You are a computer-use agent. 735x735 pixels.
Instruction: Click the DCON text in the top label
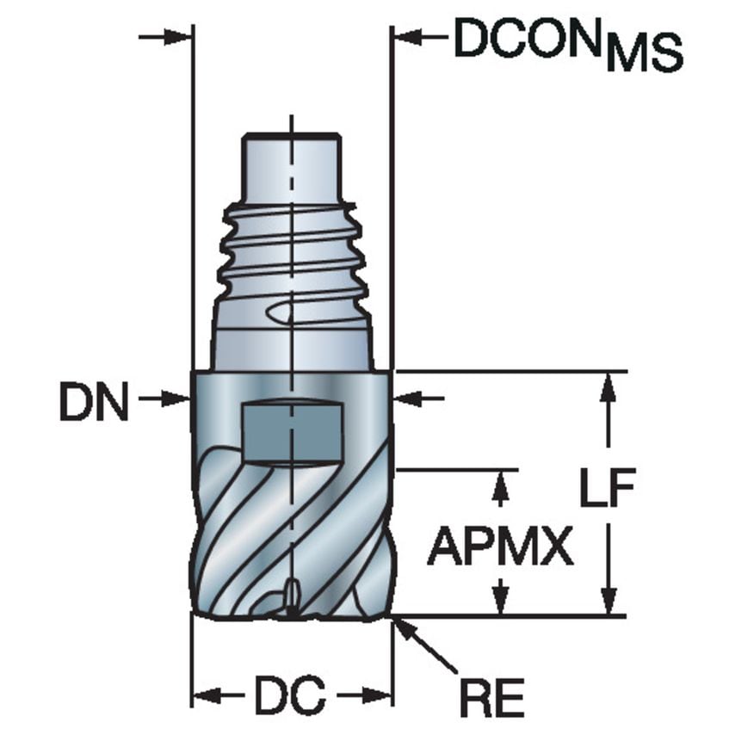pos(528,38)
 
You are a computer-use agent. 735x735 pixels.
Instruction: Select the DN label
pos(94,403)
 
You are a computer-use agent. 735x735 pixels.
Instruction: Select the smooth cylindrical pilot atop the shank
pos(292,168)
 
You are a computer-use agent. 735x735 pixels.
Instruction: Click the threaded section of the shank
pos(293,250)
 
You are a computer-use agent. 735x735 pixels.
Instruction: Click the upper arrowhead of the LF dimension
pos(608,386)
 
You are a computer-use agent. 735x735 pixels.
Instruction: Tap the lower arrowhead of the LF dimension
pos(608,602)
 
